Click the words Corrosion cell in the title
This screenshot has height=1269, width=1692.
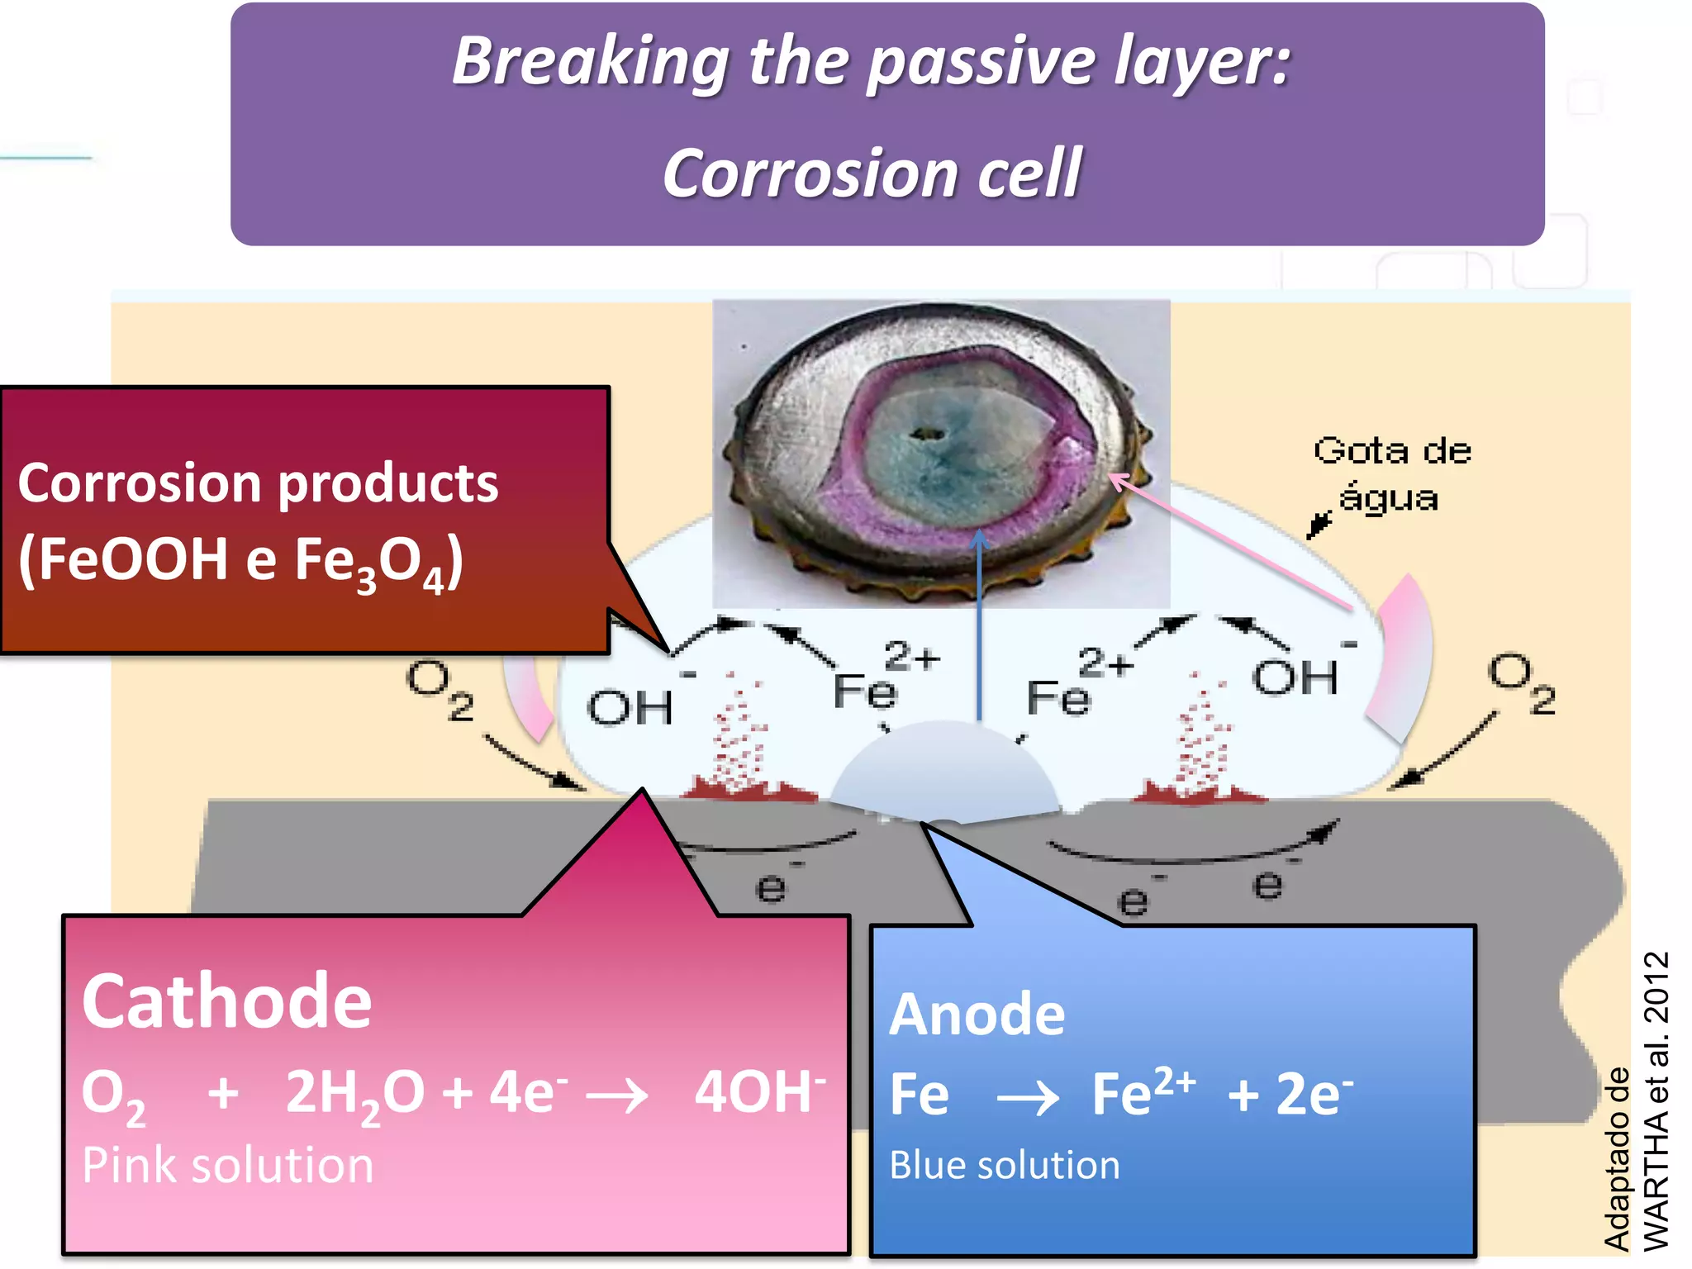[872, 174]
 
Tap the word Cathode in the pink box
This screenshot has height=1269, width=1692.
[226, 1001]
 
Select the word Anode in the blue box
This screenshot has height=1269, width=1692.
[977, 1015]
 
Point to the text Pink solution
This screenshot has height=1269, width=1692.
[227, 1166]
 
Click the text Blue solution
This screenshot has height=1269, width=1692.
[1005, 1166]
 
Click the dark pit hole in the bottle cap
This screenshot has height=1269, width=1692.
[928, 433]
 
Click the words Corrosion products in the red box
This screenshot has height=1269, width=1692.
[258, 483]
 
